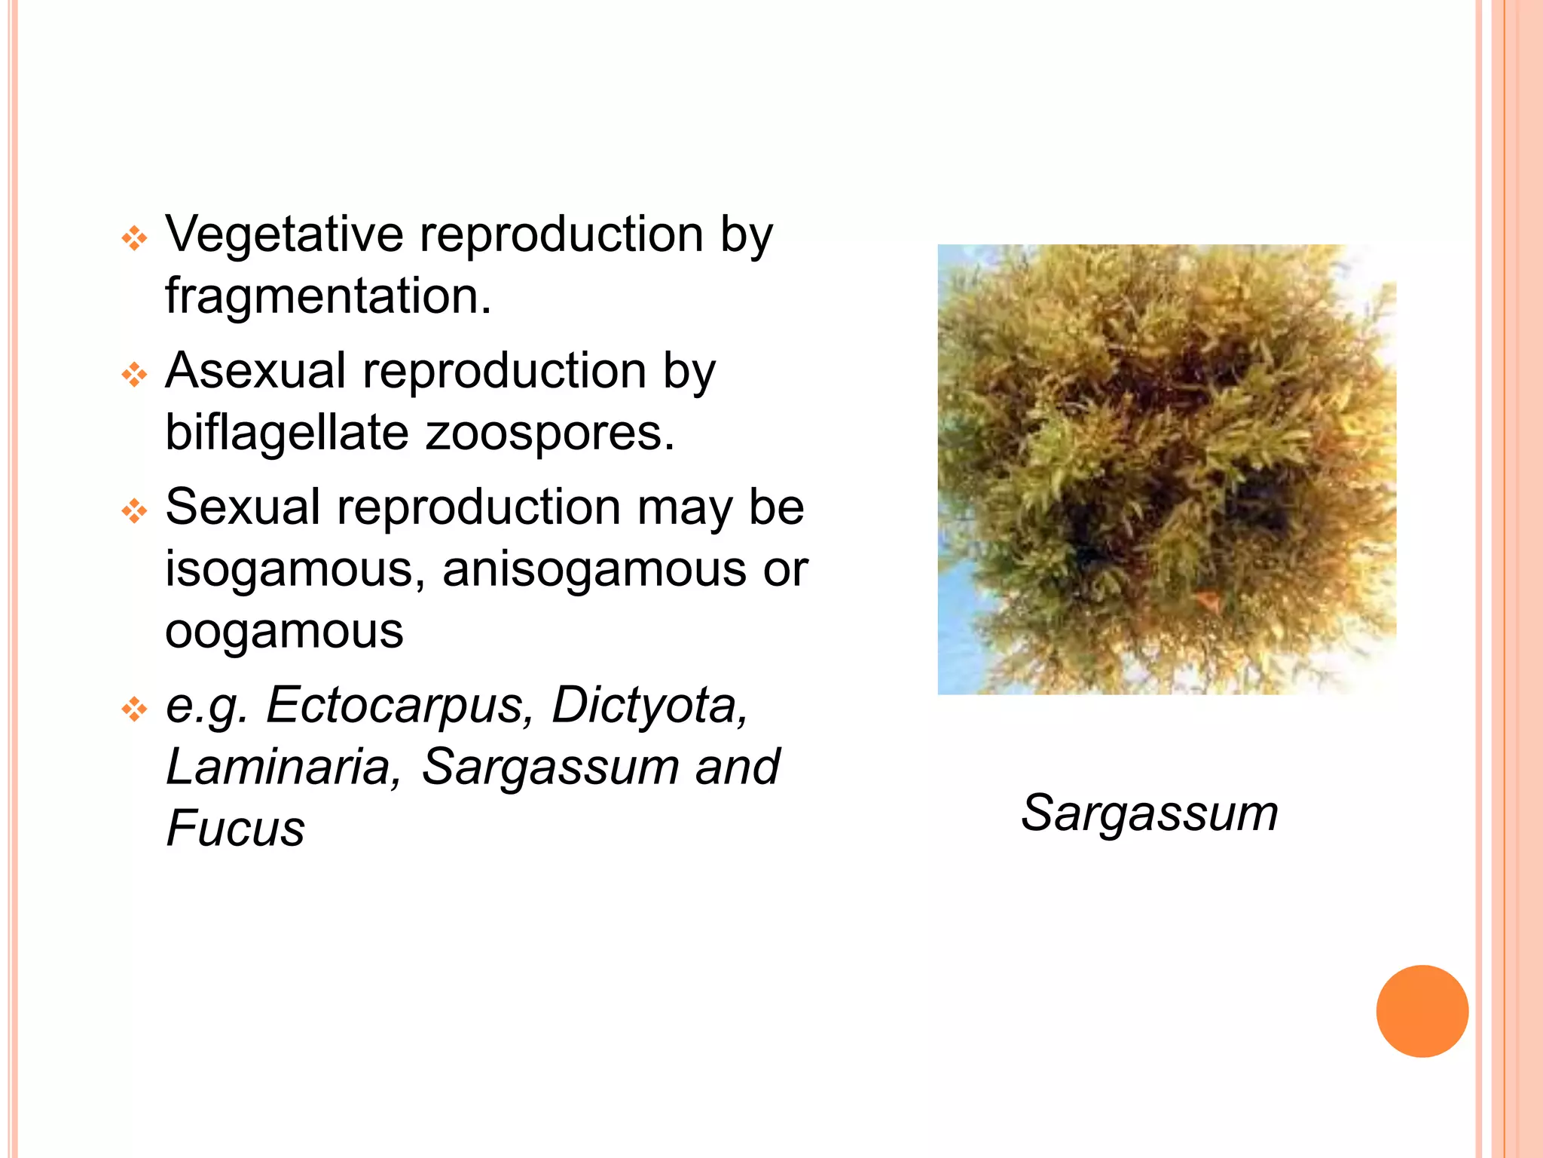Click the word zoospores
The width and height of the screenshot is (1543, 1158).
550,434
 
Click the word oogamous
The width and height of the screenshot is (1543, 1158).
284,632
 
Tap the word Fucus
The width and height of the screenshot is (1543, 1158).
235,829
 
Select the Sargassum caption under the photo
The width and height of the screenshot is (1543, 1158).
1150,814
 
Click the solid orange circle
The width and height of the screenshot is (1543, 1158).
1422,1011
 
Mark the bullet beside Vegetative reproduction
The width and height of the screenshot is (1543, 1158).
134,239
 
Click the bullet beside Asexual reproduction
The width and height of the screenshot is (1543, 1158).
134,375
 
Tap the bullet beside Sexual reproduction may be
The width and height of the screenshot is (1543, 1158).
134,511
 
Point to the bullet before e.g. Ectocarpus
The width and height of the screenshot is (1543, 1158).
134,709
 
